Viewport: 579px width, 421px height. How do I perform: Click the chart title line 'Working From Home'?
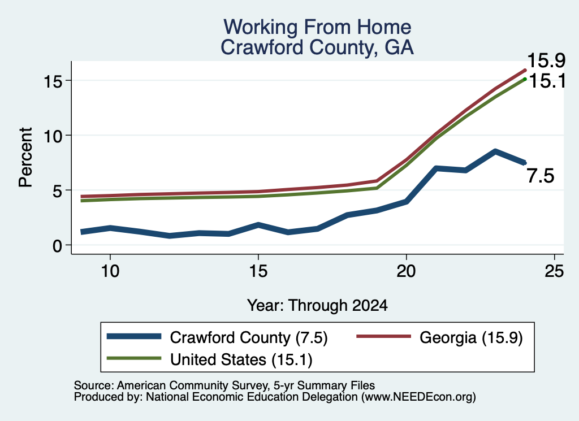click(317, 27)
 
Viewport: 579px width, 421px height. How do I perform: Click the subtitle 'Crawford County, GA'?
click(317, 47)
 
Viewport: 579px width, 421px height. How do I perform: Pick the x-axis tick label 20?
click(406, 272)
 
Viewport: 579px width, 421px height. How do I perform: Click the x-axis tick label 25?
click(554, 272)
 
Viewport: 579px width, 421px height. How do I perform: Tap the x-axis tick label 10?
click(110, 272)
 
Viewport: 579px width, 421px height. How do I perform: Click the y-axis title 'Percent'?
click(26, 157)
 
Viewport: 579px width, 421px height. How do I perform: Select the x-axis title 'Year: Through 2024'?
click(317, 306)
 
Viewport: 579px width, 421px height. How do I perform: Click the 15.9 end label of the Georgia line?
click(546, 60)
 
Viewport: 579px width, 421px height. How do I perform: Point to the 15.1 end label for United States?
click(547, 81)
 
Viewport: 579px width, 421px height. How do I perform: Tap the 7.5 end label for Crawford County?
click(541, 176)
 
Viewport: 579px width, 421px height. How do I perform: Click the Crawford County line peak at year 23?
click(495, 151)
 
